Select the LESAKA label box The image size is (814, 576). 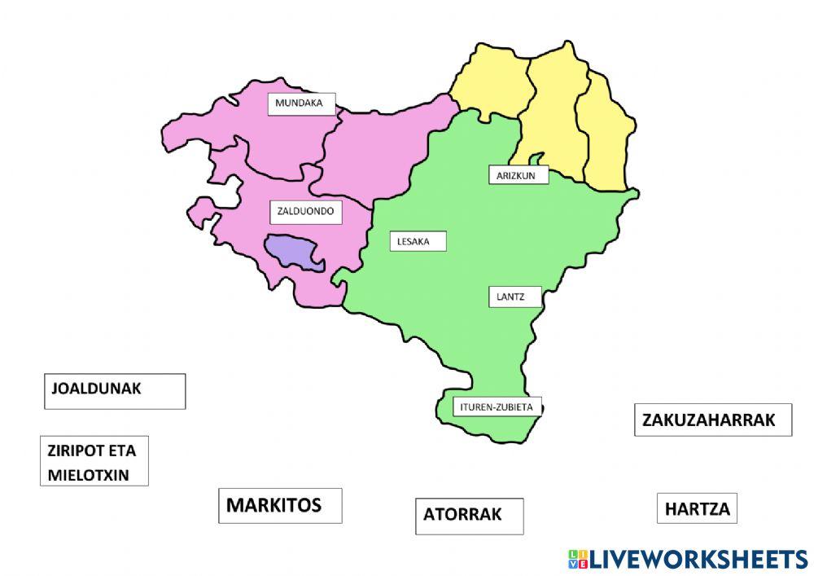coord(418,241)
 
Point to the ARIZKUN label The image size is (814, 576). coord(518,175)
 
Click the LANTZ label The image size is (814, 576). coord(514,297)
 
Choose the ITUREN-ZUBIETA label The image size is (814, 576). coord(497,406)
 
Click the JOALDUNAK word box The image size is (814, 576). coord(114,390)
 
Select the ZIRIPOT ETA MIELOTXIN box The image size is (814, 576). coord(94,461)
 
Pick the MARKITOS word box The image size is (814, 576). coord(279,505)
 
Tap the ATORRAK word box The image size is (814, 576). coord(469,516)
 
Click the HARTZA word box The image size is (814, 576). coord(697,509)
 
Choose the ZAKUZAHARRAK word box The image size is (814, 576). coord(712,420)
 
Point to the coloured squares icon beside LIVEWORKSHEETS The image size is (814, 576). coord(577,559)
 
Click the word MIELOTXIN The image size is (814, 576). coord(89,475)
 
